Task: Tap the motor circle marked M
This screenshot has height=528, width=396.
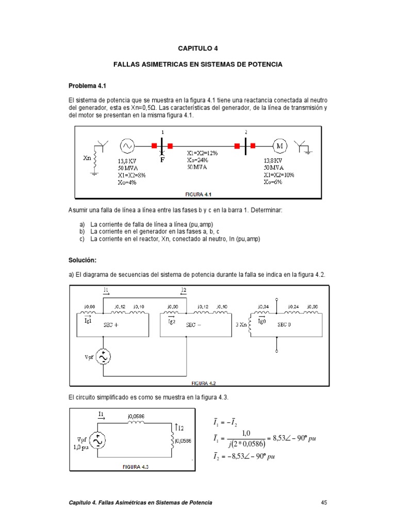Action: coord(280,146)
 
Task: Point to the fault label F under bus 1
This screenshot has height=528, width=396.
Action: coord(162,159)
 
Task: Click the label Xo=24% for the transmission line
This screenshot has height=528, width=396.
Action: coord(198,160)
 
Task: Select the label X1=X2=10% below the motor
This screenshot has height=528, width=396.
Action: coord(279,175)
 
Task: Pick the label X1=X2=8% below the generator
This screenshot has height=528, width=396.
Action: coord(131,175)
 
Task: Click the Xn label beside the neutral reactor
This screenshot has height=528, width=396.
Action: coord(87,158)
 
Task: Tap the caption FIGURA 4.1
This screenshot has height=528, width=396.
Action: coord(199,194)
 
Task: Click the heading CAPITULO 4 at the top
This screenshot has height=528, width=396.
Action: coord(198,48)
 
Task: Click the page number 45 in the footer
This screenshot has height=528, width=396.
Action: coord(324,502)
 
